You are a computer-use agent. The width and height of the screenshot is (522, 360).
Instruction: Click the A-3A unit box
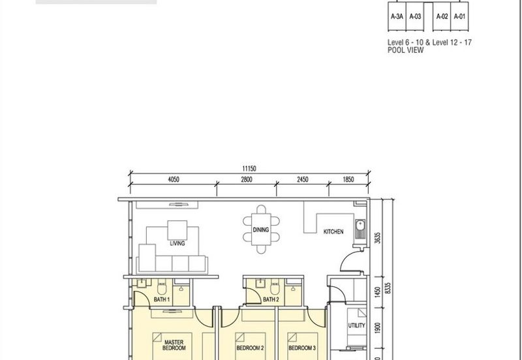click(397, 16)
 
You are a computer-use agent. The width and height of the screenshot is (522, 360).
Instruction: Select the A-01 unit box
click(459, 16)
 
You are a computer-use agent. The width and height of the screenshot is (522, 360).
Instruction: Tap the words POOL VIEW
click(405, 50)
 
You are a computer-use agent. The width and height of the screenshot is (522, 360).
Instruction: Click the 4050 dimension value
click(174, 179)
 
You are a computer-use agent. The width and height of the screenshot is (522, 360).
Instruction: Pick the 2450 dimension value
click(302, 179)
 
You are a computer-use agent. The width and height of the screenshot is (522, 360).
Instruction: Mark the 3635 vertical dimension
click(378, 238)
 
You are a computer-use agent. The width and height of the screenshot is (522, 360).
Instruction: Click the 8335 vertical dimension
click(388, 288)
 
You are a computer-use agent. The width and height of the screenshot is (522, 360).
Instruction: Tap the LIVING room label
click(177, 243)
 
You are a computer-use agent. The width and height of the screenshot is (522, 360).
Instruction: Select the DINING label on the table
click(260, 230)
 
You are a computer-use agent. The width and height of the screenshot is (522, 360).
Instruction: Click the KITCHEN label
click(333, 232)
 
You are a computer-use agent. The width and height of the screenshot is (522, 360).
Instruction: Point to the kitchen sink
click(360, 230)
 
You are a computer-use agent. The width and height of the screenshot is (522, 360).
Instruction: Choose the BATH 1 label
click(162, 299)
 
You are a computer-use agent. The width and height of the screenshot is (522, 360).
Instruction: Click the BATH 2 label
click(271, 299)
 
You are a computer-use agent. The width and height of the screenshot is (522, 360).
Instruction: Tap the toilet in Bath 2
click(275, 287)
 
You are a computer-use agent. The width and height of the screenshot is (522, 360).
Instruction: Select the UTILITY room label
click(356, 325)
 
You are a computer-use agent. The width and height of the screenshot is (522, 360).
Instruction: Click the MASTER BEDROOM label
click(174, 345)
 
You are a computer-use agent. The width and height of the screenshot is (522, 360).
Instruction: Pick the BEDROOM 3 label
click(302, 348)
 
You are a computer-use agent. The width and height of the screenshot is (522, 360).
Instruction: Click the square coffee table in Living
click(177, 230)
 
